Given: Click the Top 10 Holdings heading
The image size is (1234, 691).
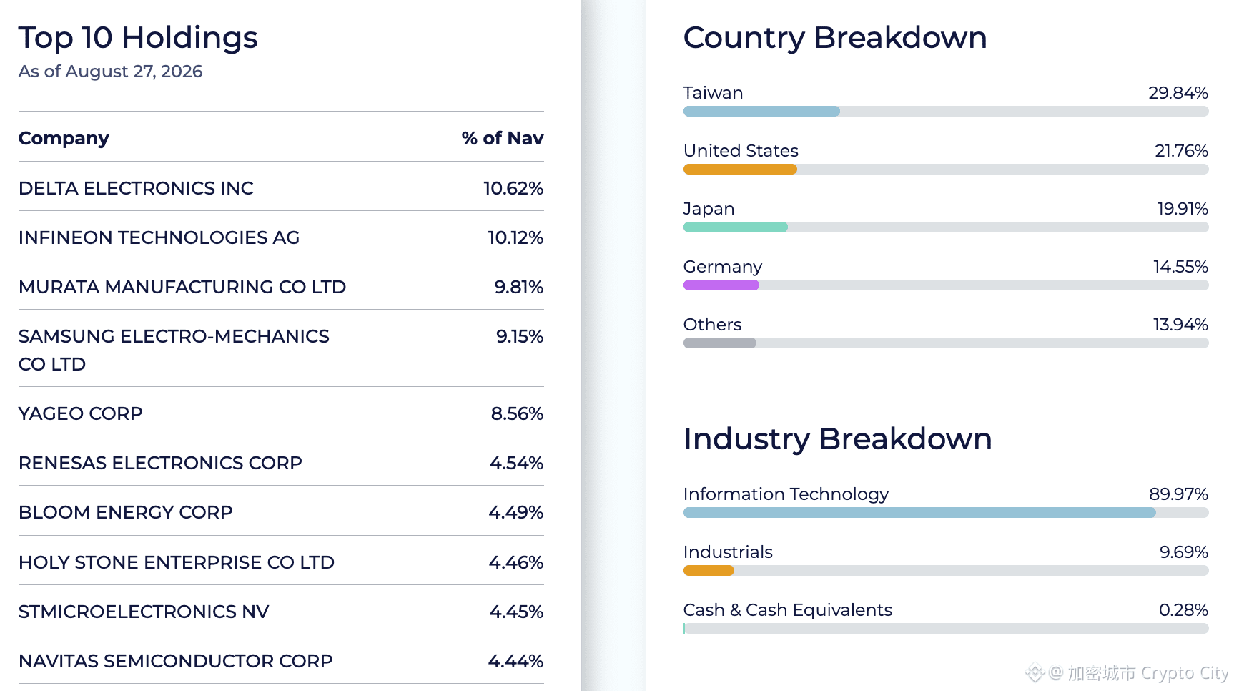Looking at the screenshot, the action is (138, 38).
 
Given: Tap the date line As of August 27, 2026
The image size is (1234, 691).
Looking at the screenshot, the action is (111, 72).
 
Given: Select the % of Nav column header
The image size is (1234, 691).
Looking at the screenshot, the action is (503, 138).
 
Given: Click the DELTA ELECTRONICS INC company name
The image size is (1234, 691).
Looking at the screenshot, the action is (136, 188).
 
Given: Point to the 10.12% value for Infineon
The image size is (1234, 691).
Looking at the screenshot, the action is (515, 237).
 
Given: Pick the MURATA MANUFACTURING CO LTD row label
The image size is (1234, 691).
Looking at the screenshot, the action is (182, 287).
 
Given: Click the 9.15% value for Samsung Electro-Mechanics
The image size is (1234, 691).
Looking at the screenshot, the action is (520, 336).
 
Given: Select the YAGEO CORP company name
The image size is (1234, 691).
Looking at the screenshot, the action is (81, 413).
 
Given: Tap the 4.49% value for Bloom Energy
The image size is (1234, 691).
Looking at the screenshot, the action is (516, 512).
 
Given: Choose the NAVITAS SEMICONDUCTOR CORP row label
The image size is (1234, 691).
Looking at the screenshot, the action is (176, 661).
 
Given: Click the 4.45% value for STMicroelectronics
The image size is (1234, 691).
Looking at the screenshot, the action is (516, 612).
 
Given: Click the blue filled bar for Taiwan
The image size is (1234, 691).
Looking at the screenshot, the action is (761, 112).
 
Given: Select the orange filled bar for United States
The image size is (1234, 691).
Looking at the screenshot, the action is (740, 170).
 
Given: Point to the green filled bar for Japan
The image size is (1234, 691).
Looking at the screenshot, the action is (736, 227).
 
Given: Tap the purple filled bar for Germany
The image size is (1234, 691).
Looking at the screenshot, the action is (721, 285).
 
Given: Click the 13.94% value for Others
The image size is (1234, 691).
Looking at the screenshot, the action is (1180, 325).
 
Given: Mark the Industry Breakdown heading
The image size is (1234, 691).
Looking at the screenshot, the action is (838, 439).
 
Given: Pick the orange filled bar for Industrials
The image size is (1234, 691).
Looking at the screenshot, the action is (709, 571).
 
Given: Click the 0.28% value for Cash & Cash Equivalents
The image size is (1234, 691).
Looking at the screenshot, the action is (1183, 610).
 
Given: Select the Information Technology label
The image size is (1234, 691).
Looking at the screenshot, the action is (786, 494).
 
